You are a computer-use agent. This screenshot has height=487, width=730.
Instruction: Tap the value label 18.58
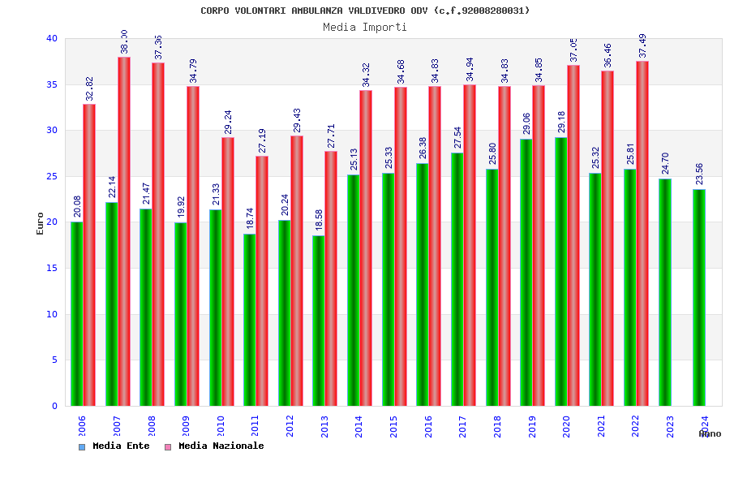pyautogui.click(x=318, y=221)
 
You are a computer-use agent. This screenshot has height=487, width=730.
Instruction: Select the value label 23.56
pyautogui.click(x=699, y=175)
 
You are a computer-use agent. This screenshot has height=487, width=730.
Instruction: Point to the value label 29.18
pyautogui.click(x=561, y=123)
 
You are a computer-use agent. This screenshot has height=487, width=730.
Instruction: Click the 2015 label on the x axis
pyautogui.click(x=393, y=427)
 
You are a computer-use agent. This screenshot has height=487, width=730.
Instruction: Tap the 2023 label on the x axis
pyautogui.click(x=670, y=427)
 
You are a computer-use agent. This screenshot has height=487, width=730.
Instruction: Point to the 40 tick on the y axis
pyautogui.click(x=52, y=38)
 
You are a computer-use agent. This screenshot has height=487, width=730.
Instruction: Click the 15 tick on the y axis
pyautogui.click(x=52, y=268)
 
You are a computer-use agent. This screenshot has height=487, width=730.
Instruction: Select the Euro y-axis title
pyautogui.click(x=41, y=223)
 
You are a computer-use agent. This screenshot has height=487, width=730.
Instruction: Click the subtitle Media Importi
pyautogui.click(x=365, y=27)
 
